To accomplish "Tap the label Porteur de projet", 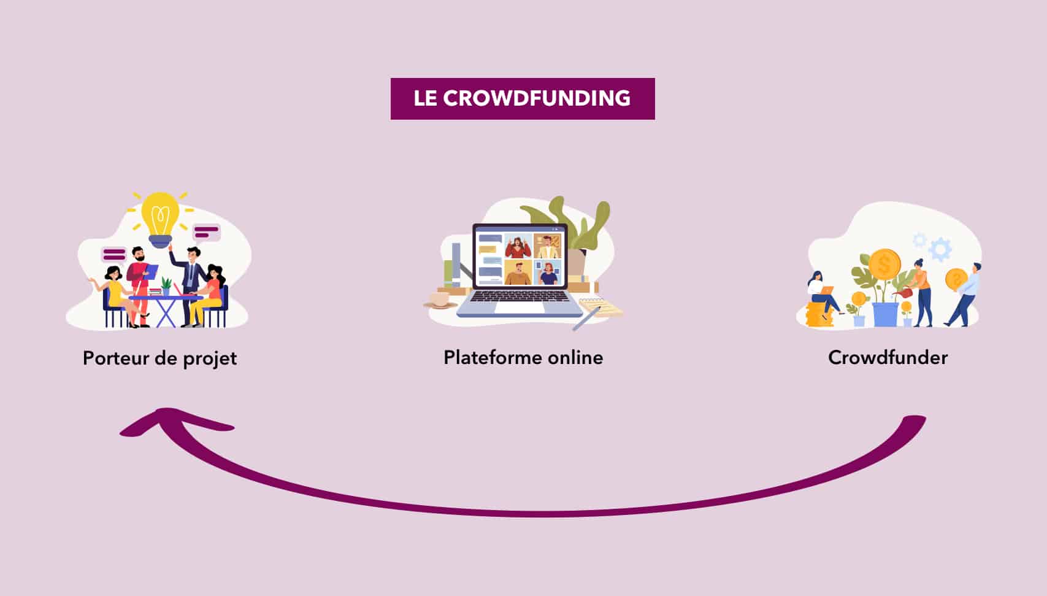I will click(x=159, y=358).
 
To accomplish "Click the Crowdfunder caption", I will click(x=888, y=358).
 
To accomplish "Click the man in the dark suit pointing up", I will click(x=194, y=270).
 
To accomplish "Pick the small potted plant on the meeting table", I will click(x=166, y=286).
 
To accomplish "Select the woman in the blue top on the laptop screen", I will click(x=548, y=273).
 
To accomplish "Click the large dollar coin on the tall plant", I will click(x=884, y=264).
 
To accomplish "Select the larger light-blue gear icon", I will click(x=940, y=249).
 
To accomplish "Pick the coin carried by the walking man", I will click(x=956, y=280).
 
